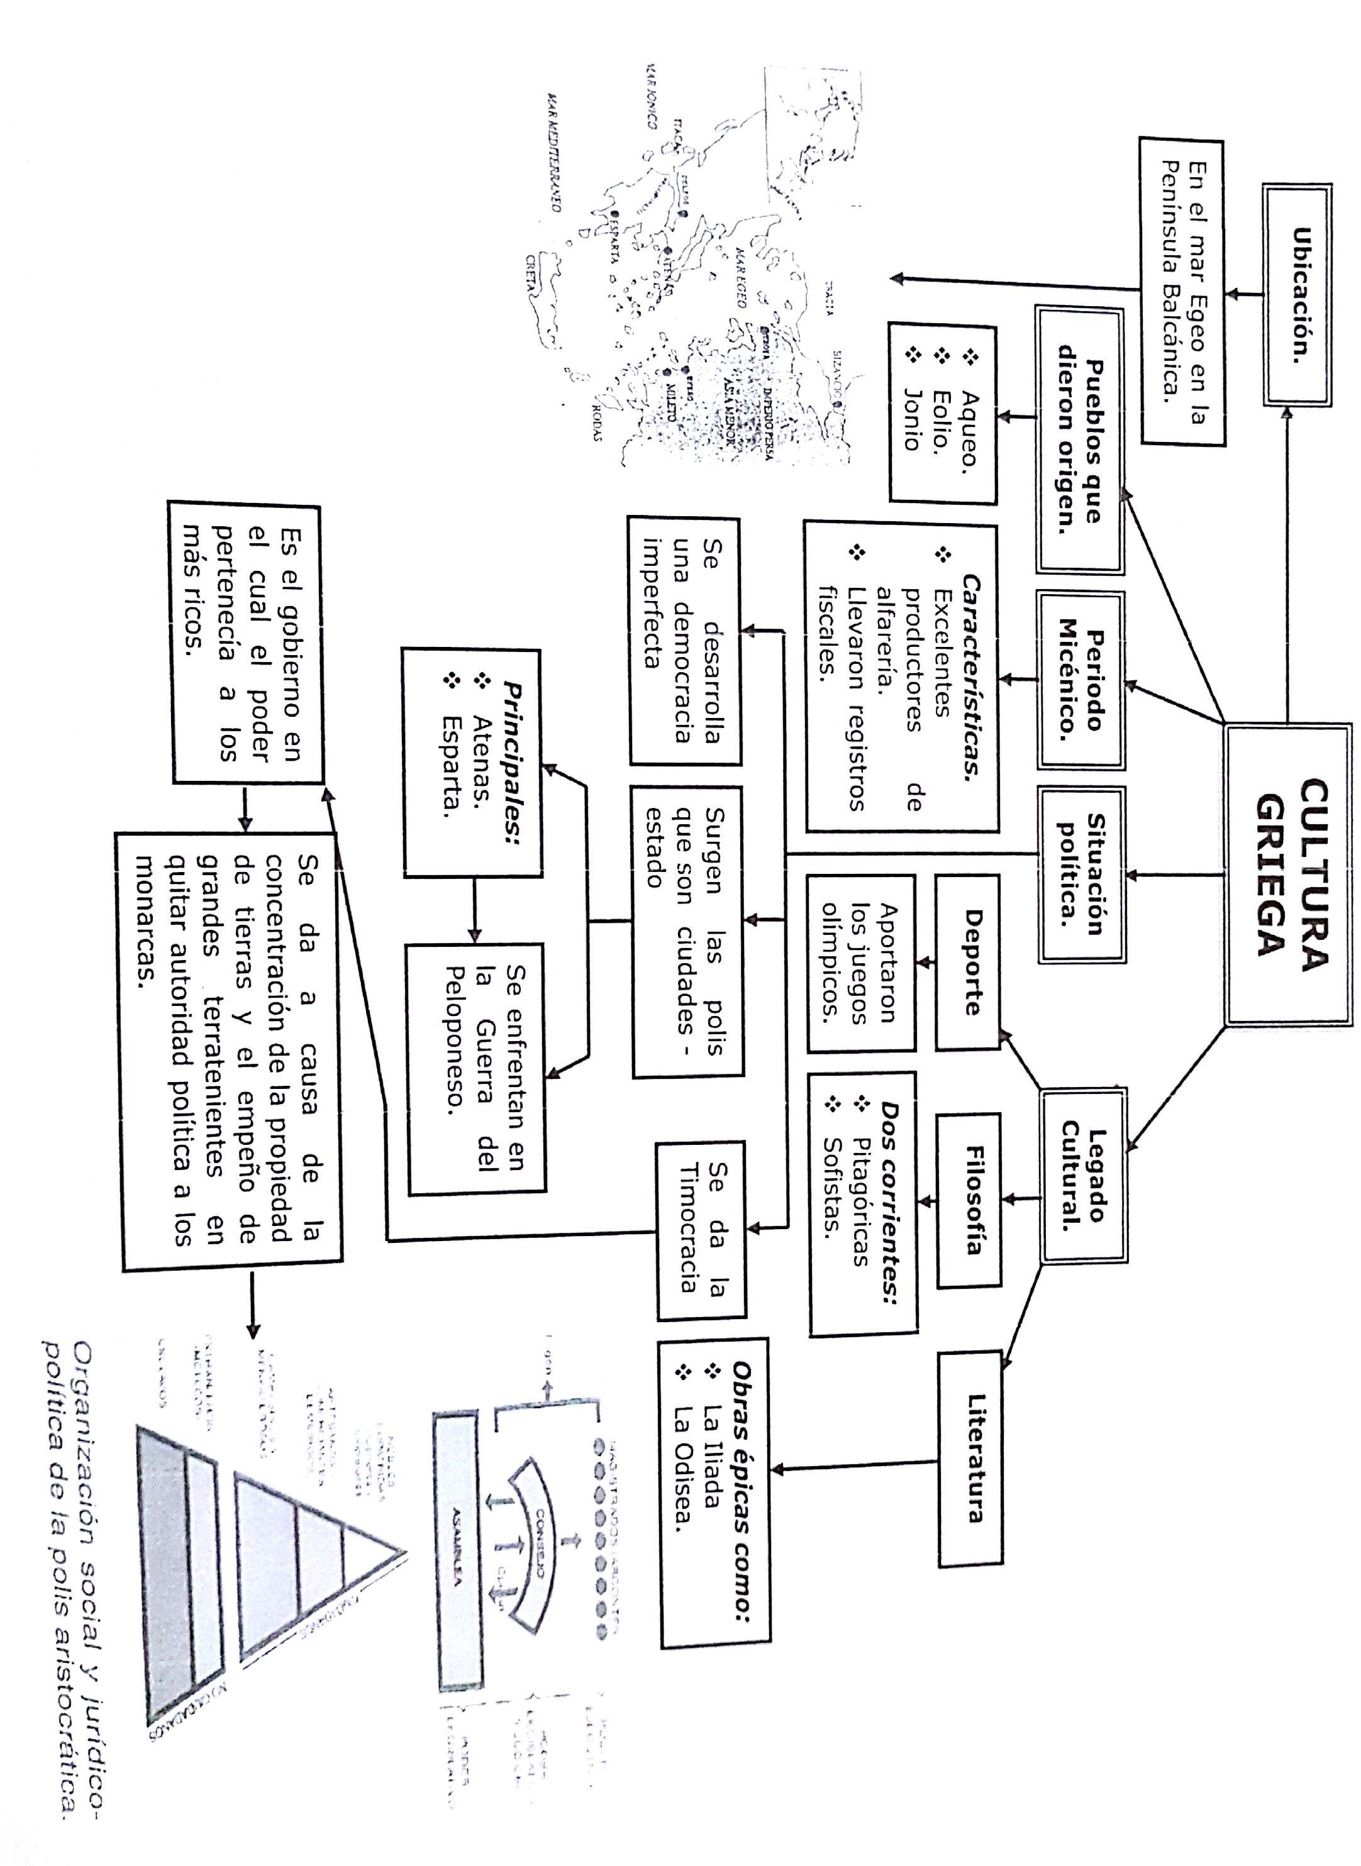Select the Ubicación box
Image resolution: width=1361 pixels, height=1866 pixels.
click(1297, 295)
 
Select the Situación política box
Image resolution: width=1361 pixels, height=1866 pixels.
click(1082, 875)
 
